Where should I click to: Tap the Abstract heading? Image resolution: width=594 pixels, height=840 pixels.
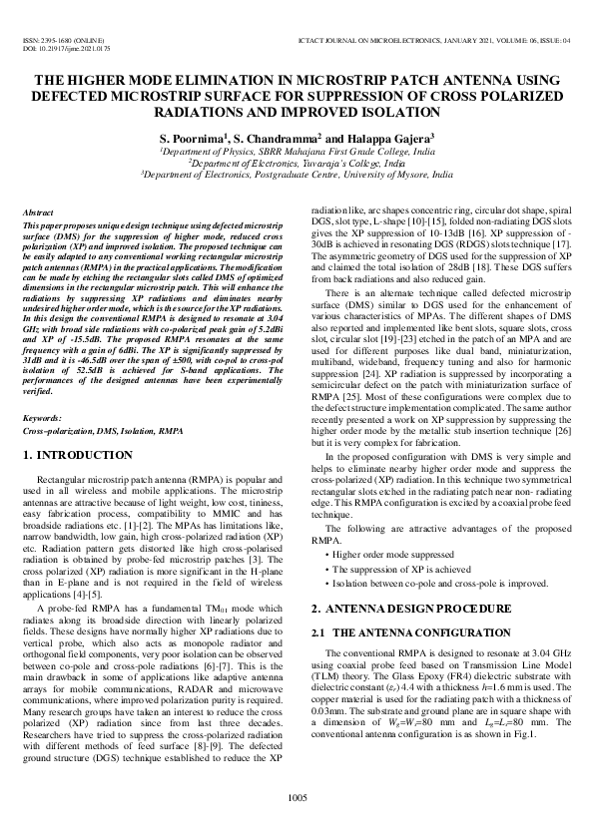click(x=37, y=213)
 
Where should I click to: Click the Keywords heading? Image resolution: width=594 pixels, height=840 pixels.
click(x=42, y=418)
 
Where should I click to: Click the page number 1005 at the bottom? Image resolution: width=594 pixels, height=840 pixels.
click(x=297, y=796)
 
